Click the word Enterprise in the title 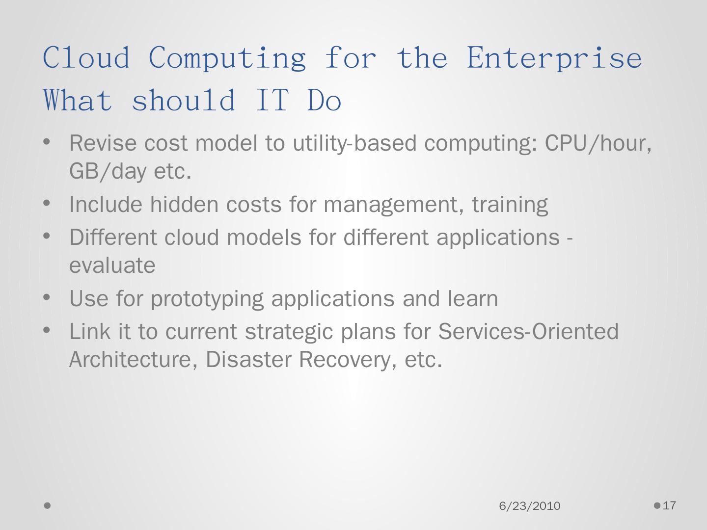pyautogui.click(x=554, y=58)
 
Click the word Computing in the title pyautogui.click(x=227, y=58)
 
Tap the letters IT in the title pyautogui.click(x=272, y=100)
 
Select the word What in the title pyautogui.click(x=78, y=100)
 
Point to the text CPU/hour pyautogui.click(x=598, y=143)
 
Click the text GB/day pyautogui.click(x=108, y=171)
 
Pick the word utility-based pyautogui.click(x=354, y=143)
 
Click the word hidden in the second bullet pyautogui.click(x=184, y=204)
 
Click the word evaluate pyautogui.click(x=112, y=265)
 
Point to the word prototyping pyautogui.click(x=207, y=299)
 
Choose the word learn pyautogui.click(x=473, y=298)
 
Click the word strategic pyautogui.click(x=289, y=332)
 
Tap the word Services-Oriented pyautogui.click(x=528, y=331)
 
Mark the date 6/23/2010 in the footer pyautogui.click(x=530, y=506)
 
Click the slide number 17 pyautogui.click(x=669, y=505)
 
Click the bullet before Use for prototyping pyautogui.click(x=47, y=297)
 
